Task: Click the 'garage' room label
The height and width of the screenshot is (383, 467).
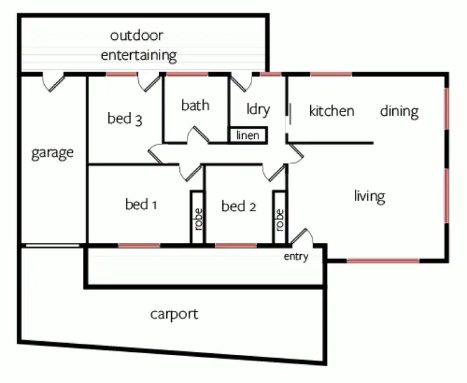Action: tap(52, 153)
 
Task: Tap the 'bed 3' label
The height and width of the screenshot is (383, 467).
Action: tap(125, 118)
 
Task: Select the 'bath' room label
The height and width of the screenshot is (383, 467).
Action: tap(195, 105)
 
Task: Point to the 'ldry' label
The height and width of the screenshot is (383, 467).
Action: tap(258, 110)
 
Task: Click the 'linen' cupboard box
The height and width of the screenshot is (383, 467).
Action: tap(248, 135)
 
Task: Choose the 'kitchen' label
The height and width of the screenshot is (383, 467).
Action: tap(331, 111)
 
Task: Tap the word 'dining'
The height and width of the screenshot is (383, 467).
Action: tap(399, 111)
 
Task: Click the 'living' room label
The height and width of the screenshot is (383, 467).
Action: tap(369, 196)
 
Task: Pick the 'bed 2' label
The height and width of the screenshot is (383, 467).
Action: tap(238, 206)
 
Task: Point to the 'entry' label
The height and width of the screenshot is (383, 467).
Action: tap(296, 257)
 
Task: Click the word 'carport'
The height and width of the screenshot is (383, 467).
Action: tap(174, 314)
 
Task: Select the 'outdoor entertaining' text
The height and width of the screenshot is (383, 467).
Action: tap(138, 45)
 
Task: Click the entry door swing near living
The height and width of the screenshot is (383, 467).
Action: tap(302, 237)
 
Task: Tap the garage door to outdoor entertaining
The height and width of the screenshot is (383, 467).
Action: tap(54, 81)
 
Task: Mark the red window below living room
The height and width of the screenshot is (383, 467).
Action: tap(382, 260)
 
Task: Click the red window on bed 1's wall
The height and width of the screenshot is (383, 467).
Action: tap(139, 245)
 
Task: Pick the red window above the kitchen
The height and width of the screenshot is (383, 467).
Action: tap(331, 75)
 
